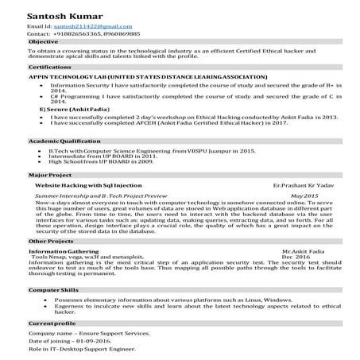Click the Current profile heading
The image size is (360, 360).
(52, 324)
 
